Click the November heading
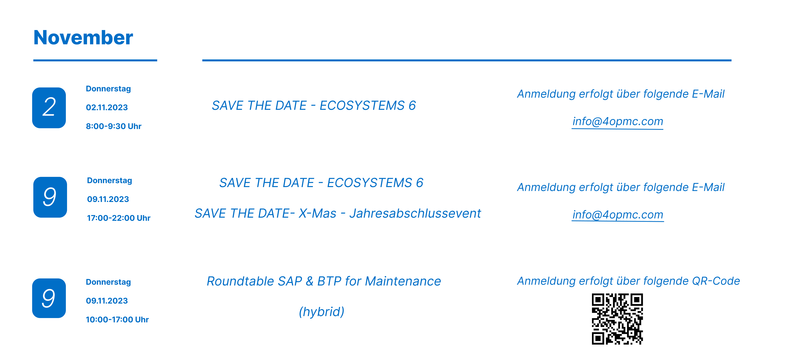point(83,37)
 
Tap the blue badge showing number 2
point(49,108)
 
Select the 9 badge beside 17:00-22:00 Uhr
point(50,197)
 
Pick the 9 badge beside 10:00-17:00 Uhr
point(49,298)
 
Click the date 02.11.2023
point(107,107)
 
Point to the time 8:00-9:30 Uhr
point(113,126)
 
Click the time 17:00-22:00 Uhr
point(119,218)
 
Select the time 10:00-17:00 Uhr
point(117,319)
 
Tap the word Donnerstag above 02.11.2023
point(108,89)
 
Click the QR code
point(617,319)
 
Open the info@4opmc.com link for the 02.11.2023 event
point(618,121)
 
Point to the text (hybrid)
point(321,312)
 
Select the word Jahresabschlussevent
point(415,213)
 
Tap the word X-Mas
point(317,213)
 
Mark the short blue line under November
point(95,60)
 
